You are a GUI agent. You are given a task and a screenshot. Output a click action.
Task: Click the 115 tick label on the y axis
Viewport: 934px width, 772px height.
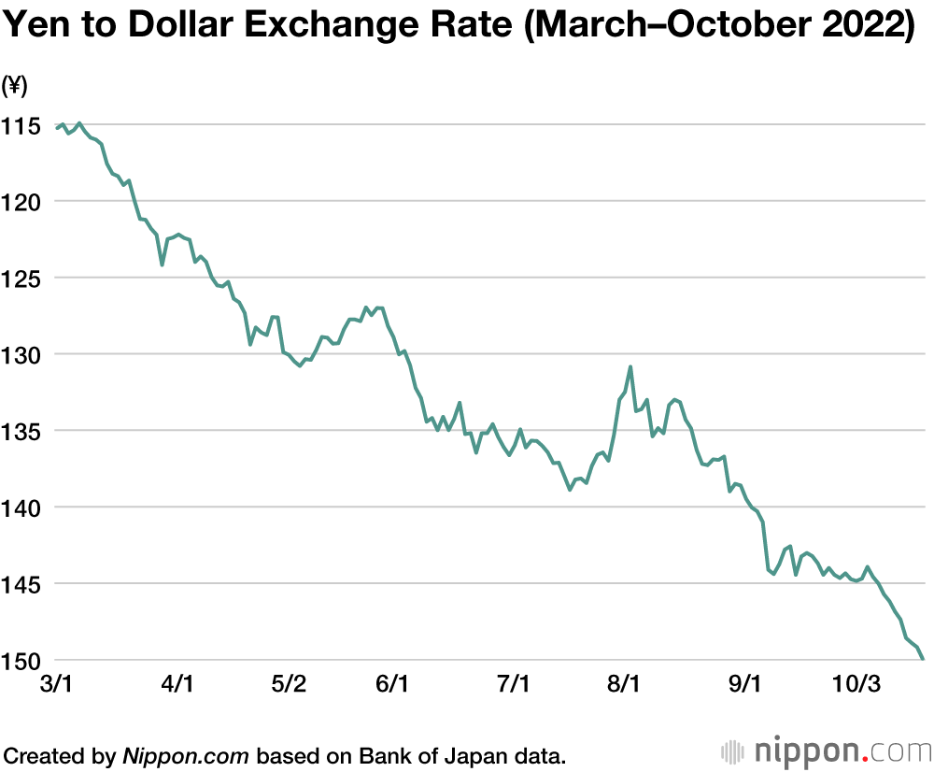[x=21, y=124]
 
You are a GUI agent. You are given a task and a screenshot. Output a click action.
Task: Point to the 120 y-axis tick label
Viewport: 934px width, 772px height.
[x=21, y=201]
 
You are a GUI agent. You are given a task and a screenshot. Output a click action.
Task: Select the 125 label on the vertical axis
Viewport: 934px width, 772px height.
[x=21, y=278]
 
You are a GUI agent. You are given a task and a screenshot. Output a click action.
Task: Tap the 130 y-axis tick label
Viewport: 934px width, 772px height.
[x=21, y=354]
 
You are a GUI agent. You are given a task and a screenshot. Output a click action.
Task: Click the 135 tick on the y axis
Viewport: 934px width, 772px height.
[x=21, y=431]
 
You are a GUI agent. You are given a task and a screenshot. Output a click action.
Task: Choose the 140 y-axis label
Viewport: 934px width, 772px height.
[x=21, y=508]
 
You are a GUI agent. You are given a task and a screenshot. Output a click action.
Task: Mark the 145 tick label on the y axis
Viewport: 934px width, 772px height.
[x=21, y=584]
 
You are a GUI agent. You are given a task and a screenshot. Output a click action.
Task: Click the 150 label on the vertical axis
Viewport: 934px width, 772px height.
[x=21, y=661]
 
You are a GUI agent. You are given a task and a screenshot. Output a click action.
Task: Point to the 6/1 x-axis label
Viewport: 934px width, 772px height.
[x=392, y=683]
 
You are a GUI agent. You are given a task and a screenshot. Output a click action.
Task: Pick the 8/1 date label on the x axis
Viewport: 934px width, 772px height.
[x=623, y=683]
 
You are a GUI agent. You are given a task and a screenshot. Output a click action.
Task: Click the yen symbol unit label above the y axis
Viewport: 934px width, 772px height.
[x=15, y=86]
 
